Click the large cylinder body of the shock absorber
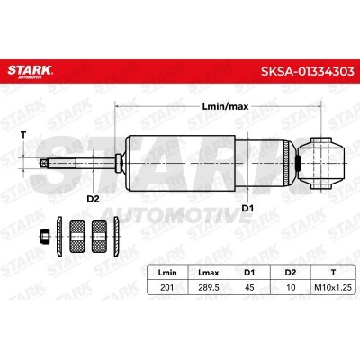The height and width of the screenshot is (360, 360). click(x=207, y=162)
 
